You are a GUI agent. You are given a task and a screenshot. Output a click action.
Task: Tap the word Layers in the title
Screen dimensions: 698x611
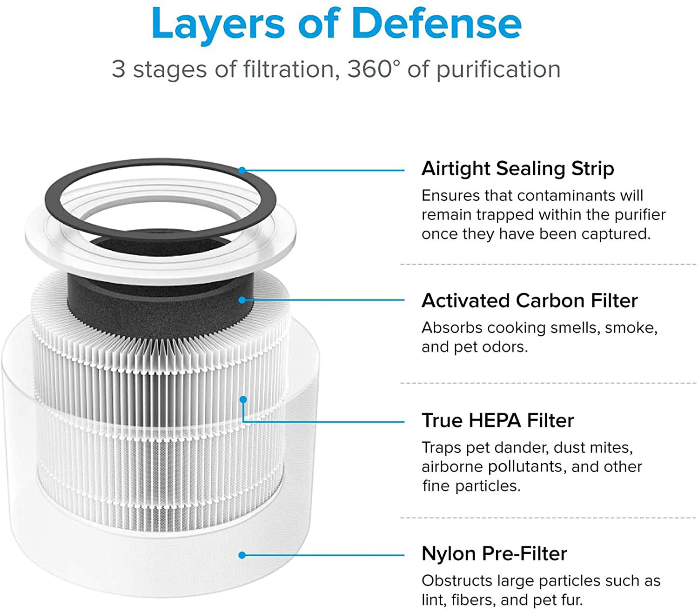pos(218,26)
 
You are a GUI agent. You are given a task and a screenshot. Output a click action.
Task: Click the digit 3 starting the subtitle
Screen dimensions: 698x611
pos(118,69)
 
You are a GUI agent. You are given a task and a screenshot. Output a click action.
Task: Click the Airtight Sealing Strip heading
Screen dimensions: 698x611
pos(517,169)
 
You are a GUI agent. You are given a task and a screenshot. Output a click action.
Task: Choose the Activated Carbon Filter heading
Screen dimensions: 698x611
pos(529,300)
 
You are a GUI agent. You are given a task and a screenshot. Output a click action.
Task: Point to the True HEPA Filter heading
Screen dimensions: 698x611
pos(497,420)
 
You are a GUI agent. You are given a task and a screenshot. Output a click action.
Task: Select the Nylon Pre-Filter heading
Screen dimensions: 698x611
pos(494,553)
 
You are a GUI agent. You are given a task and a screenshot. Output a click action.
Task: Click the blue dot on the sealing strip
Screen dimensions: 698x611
pos(242,170)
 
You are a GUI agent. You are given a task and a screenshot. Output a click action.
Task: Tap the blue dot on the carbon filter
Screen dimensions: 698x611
pos(242,300)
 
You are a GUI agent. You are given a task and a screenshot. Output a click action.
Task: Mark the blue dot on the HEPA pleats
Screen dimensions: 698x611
pos(243,399)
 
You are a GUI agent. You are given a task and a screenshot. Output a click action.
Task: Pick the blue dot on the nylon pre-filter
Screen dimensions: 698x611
pos(242,555)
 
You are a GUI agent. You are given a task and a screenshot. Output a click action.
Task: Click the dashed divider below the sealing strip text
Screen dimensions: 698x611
pos(548,265)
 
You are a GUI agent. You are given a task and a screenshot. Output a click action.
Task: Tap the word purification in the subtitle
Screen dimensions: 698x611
pos(498,70)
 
